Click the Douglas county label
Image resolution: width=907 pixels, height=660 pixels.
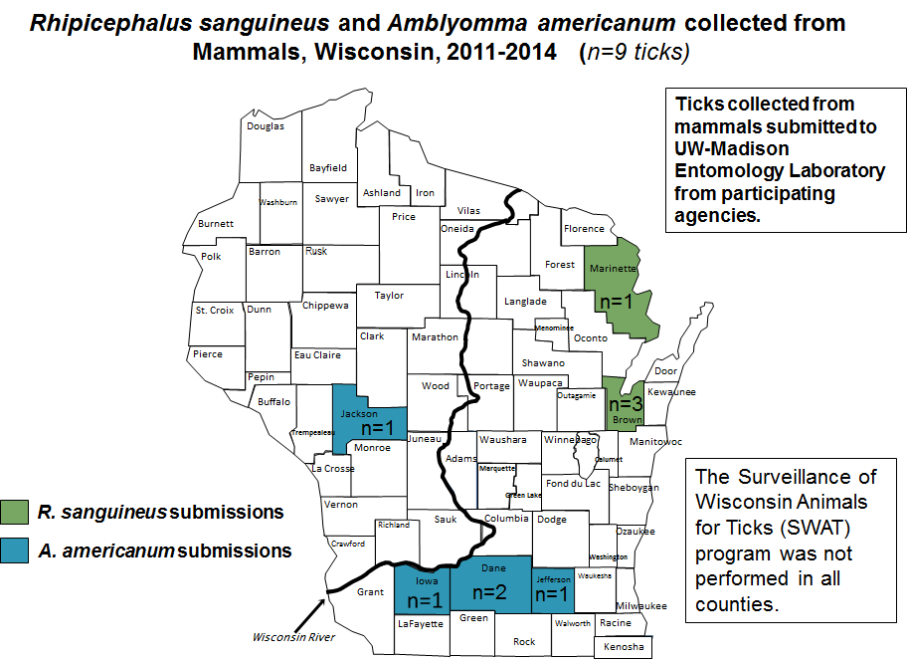coord(266,126)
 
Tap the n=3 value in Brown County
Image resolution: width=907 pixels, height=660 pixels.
coord(626,404)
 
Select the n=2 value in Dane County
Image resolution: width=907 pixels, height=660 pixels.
coord(489,591)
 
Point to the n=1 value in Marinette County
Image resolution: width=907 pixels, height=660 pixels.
coord(615,301)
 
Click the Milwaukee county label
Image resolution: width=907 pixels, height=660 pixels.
coord(640,606)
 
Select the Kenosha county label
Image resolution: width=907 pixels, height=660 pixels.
coord(624,647)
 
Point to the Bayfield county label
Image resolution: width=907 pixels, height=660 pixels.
coord(328,168)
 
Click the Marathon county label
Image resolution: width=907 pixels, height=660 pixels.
coord(435,337)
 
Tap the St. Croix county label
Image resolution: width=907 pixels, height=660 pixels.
coord(215,311)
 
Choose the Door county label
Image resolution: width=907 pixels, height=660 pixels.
coord(665,371)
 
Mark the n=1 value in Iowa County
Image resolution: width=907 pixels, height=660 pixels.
coord(424,600)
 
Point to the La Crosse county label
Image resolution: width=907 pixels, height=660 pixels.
coord(332,469)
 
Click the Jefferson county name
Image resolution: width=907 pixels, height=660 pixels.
coord(552,578)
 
